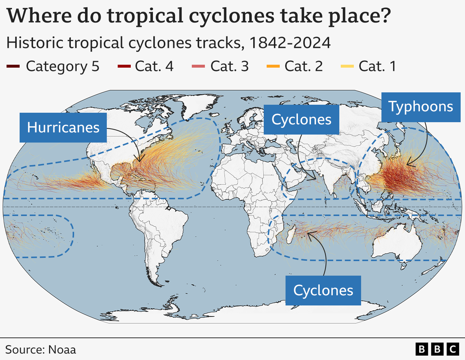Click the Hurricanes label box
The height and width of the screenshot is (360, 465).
63,127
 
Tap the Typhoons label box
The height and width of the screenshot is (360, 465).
421,107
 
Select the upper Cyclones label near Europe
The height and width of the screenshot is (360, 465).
301,119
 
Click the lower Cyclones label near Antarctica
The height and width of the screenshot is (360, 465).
323,290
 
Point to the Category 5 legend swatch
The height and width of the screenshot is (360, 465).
13,66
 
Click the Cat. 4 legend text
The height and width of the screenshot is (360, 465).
154,66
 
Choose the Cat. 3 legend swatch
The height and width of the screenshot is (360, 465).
198,66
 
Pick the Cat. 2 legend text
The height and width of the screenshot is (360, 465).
303,66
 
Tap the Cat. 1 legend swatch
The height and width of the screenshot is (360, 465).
347,66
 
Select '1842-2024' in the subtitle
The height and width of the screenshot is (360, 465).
290,43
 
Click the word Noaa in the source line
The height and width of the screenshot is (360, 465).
62,349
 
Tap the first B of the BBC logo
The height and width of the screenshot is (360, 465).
421,349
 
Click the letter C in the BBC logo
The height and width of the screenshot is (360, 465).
453,349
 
